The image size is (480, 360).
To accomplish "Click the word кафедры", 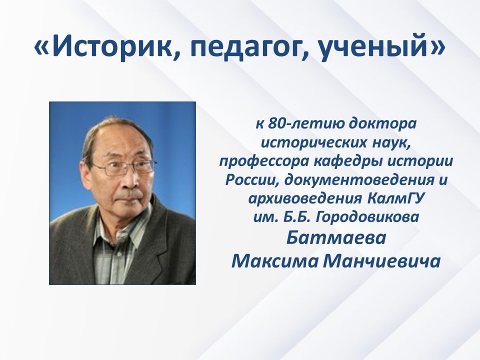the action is coord(348,161).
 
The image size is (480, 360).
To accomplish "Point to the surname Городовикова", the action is coord(367,217).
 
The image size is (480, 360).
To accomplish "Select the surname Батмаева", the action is coord(336,238).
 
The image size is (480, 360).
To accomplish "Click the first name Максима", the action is coord(275,261).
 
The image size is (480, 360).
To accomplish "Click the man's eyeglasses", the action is coord(127,166).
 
